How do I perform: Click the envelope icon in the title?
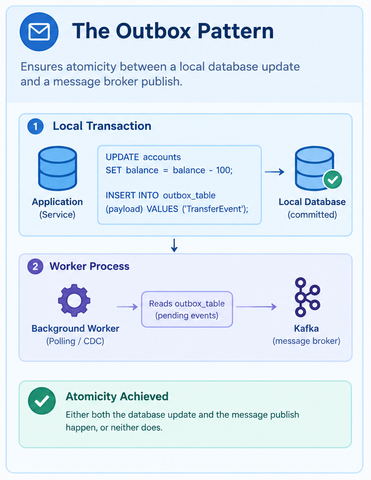[x=39, y=32]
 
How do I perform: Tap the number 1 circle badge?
[x=35, y=126]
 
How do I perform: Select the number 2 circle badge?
[x=35, y=266]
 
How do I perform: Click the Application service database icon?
[x=57, y=168]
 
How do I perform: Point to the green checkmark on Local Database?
[x=333, y=179]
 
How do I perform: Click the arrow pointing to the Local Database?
[x=275, y=172]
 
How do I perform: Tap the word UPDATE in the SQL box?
[x=122, y=157]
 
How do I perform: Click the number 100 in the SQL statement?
[x=224, y=170]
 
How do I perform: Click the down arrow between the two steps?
[x=174, y=245]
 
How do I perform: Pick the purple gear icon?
[x=74, y=300]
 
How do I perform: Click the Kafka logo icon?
[x=307, y=297]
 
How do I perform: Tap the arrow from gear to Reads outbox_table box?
[x=128, y=307]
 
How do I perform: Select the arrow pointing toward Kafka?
[x=256, y=307]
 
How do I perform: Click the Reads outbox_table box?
[x=187, y=309]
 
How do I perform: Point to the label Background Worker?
[x=75, y=329]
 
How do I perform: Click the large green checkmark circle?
[x=42, y=401]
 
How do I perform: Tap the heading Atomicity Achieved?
[x=117, y=396]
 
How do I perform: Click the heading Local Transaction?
[x=102, y=126]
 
